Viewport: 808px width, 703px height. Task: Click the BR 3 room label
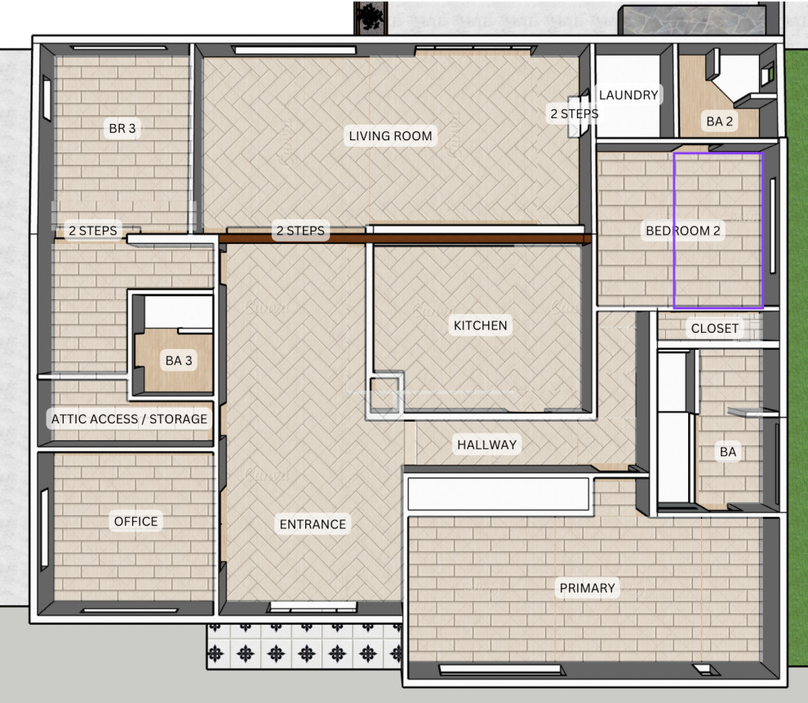[122, 128]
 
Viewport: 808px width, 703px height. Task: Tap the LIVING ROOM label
[391, 136]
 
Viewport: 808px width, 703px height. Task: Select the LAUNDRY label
[628, 95]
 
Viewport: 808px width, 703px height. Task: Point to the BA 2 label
[719, 122]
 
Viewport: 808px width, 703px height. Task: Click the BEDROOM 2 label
[683, 231]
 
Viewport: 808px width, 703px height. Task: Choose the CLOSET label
[715, 328]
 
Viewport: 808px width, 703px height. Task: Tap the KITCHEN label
[480, 325]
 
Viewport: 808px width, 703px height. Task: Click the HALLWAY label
[487, 444]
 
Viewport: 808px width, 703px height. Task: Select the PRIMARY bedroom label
[588, 588]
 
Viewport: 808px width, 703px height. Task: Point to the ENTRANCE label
[313, 524]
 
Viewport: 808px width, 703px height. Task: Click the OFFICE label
[136, 521]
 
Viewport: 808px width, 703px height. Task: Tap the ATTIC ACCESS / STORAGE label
[129, 418]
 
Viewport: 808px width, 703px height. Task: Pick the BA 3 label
[179, 360]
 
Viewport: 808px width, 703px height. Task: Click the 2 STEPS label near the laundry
[575, 114]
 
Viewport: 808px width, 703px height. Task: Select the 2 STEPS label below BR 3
[93, 231]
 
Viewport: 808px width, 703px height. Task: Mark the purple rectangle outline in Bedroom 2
[674, 231]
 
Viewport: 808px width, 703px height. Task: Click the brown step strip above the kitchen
[405, 238]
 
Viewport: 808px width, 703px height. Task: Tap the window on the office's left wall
[44, 529]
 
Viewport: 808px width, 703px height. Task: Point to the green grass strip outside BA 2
[796, 93]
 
